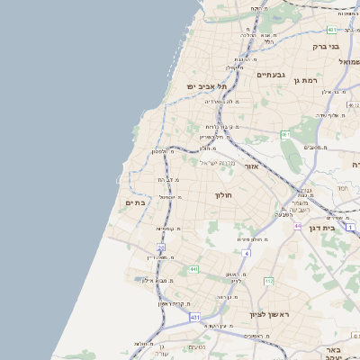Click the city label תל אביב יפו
[x=204, y=86]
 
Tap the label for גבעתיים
[x=271, y=76]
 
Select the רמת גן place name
[x=306, y=81]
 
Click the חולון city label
[x=223, y=195]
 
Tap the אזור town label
[x=252, y=166]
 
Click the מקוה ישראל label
[x=216, y=163]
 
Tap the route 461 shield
[x=284, y=134]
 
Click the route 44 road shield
[x=297, y=226]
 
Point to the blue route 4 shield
[x=247, y=254]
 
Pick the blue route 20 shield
[x=161, y=247]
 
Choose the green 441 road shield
[x=193, y=269]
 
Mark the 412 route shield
[x=268, y=282]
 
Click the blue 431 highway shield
[x=194, y=318]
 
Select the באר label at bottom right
[x=332, y=348]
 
